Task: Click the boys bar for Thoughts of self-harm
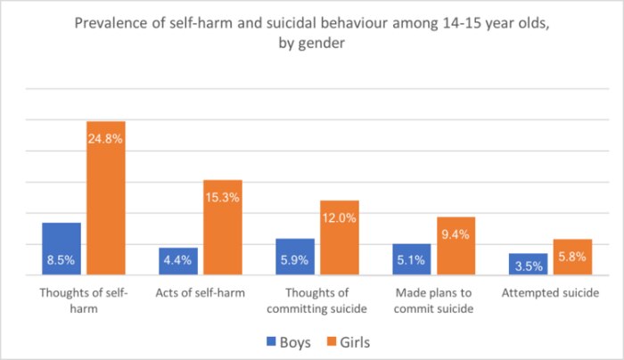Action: coord(62,250)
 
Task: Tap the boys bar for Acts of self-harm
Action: coord(178,263)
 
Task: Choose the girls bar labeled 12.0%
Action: coord(339,239)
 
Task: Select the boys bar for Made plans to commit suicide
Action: coord(412,260)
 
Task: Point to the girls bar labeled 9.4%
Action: coord(456,247)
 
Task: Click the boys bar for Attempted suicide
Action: coord(529,266)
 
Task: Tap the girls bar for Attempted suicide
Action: coord(572,258)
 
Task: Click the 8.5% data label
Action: coord(62,262)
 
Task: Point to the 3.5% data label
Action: coord(529,266)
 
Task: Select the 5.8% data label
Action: coord(572,252)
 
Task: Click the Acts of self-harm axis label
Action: coord(200,292)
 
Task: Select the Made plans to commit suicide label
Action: coord(433,300)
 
